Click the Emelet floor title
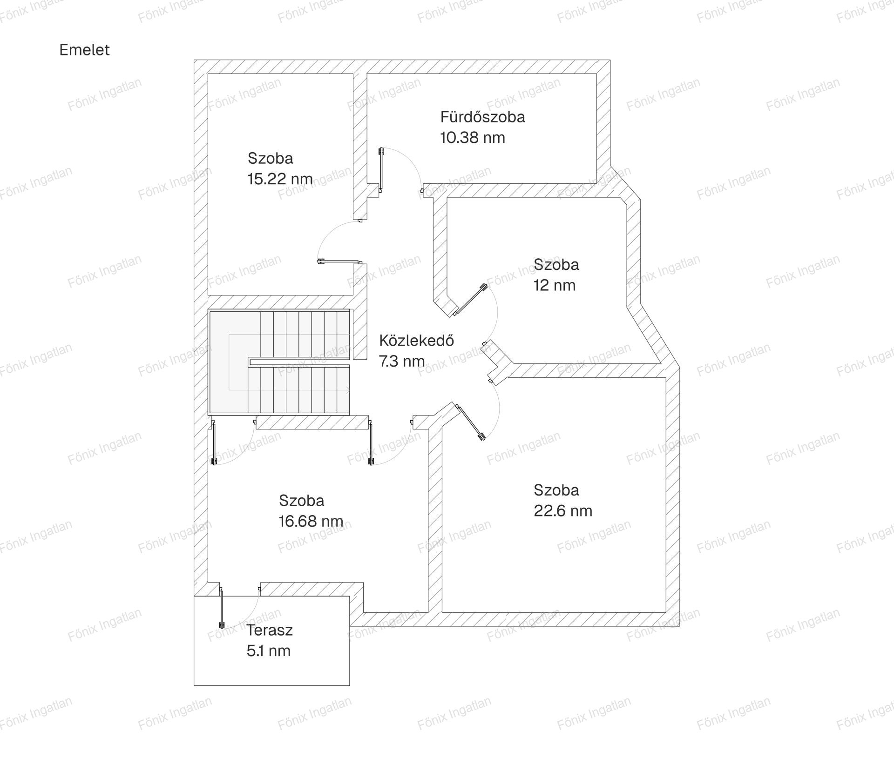84,50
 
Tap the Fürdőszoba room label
482,116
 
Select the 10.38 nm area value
473,138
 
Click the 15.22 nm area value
280,179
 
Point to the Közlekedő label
416,340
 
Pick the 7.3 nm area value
402,362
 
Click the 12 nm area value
555,285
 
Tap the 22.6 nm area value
563,511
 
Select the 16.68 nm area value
311,521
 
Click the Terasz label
270,630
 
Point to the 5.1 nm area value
269,651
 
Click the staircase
279,362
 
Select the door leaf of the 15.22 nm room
339,262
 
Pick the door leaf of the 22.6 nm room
471,422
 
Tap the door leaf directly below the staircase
214,443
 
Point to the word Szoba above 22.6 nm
556,490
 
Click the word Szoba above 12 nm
556,264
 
